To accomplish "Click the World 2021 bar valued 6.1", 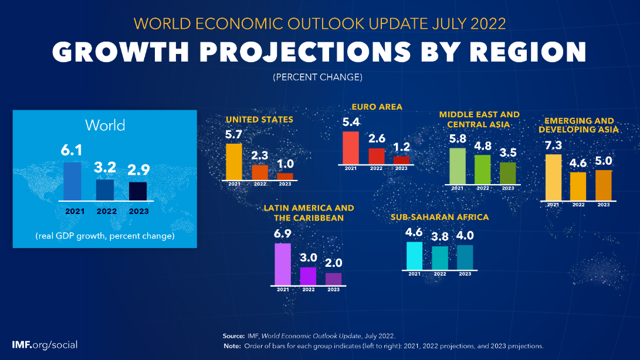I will (72, 181).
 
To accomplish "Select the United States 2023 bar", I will (285, 176).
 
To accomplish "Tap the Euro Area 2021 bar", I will (350, 148).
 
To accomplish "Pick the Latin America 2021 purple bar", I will (283, 264).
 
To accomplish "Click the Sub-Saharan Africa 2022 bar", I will (439, 258).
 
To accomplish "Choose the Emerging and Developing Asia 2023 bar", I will (603, 185).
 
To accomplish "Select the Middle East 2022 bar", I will (483, 169).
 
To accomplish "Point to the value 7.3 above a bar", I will (553, 145).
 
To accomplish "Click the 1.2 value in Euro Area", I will (401, 147).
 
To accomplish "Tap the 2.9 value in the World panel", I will (138, 170).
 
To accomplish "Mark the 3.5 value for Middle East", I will (508, 154).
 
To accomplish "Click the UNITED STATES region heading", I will (259, 120).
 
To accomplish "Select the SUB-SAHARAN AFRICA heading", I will (439, 217).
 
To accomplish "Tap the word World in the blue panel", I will (105, 125).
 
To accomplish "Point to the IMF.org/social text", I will (45, 345).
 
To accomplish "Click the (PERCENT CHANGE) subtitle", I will (317, 77).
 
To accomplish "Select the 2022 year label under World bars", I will (105, 212).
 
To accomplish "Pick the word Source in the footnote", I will (233, 336).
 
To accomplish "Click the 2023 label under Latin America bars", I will (333, 290).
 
